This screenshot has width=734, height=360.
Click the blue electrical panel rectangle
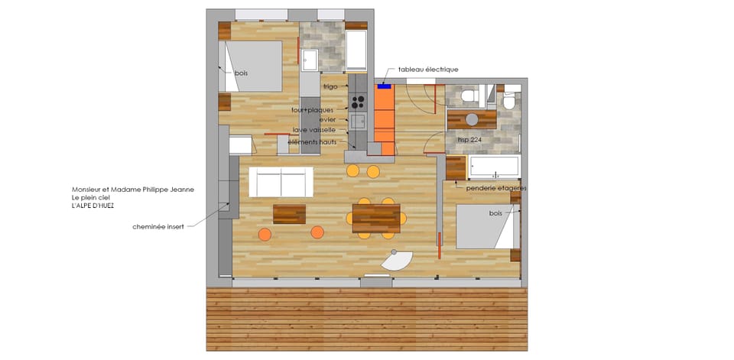[385, 86]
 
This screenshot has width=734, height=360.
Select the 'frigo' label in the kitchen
[330, 87]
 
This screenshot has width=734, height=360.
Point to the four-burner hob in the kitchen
[358, 102]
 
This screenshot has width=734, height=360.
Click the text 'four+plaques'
[313, 110]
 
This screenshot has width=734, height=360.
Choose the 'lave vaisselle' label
[315, 131]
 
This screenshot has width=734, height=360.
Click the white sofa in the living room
[281, 183]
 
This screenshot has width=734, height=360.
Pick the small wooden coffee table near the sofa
[289, 214]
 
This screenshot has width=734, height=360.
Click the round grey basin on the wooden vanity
[471, 119]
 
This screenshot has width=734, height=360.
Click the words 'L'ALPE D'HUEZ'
[93, 206]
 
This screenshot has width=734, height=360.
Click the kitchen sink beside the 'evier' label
[358, 120]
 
